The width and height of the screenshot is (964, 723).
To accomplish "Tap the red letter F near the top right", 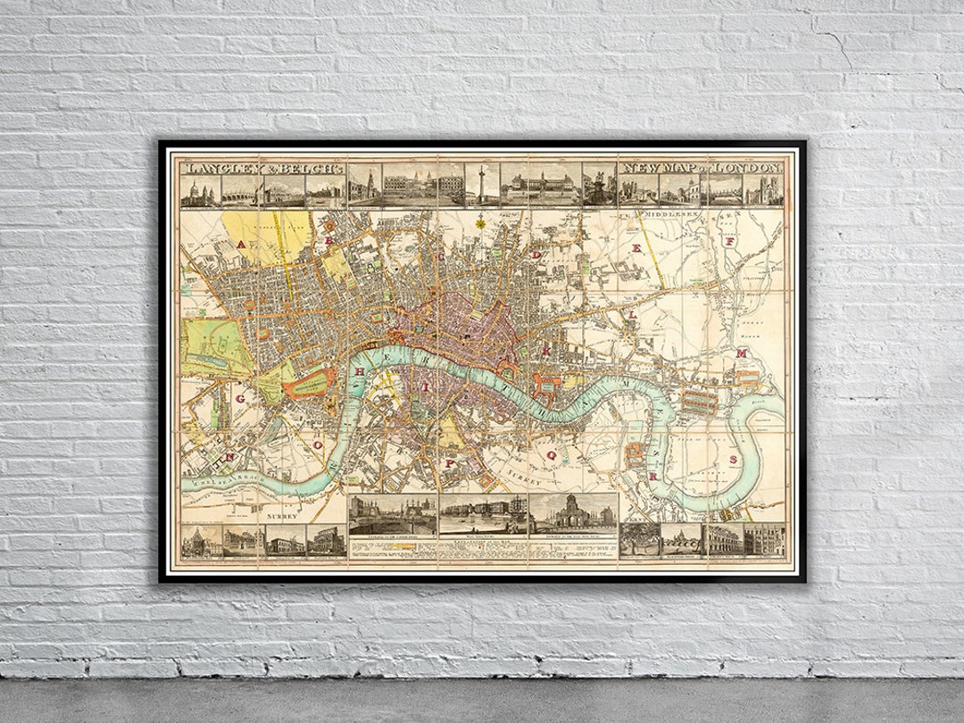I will click(x=729, y=241).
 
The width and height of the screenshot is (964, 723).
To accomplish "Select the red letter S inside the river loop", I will click(x=733, y=460).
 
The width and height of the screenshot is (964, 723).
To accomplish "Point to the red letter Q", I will click(x=551, y=454).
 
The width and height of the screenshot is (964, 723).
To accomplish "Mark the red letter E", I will click(x=636, y=253).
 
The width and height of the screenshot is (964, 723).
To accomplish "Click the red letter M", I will click(x=740, y=353).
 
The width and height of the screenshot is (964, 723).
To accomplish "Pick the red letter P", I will click(x=451, y=463).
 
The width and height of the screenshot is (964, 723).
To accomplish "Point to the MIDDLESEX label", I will click(x=677, y=215).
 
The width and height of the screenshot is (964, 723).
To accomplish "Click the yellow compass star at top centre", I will click(x=480, y=221).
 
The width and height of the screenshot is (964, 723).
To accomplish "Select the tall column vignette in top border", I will click(x=482, y=185).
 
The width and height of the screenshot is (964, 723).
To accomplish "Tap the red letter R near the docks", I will click(x=652, y=477).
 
